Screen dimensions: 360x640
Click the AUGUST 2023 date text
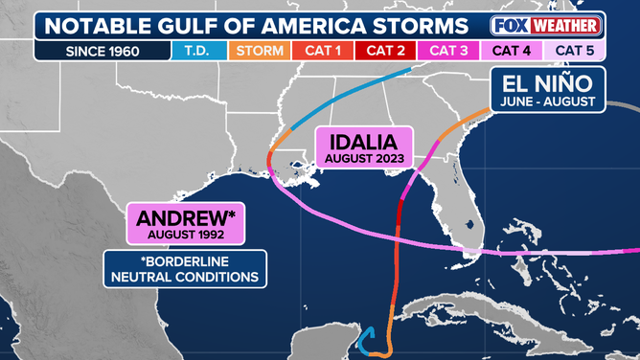point(363,158)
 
